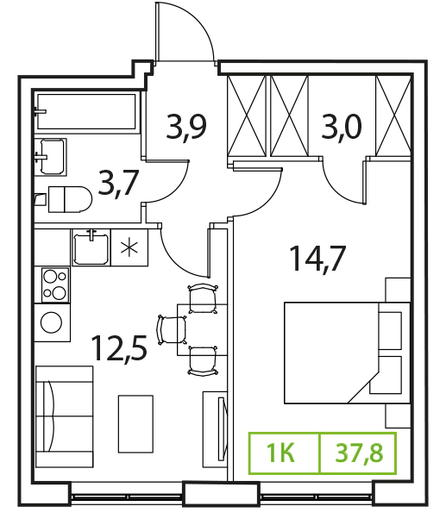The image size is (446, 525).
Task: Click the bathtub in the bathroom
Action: tap(86, 111)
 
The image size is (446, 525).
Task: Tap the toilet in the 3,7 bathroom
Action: tap(70, 199)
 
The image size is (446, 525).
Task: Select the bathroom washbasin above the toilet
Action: tap(53, 157)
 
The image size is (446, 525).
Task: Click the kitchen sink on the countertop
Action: tap(91, 248)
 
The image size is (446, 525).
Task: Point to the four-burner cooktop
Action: tap(55, 285)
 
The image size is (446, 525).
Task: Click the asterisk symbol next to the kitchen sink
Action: tap(129, 248)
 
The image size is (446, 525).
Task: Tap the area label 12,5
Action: tap(119, 348)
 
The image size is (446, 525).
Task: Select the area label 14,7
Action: tap(317, 258)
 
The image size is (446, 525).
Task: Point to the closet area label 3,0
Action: tap(342, 127)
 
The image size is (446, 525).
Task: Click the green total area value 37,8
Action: tap(359, 453)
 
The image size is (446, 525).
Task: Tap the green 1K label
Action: tap(281, 453)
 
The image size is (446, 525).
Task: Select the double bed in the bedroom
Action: tap(347, 353)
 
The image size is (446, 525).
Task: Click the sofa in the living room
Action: tap(65, 416)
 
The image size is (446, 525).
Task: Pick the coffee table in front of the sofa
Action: tap(135, 424)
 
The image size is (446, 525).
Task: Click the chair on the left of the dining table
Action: tap(172, 330)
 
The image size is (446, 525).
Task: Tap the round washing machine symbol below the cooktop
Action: tap(51, 322)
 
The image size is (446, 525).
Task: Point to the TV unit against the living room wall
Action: tap(215, 429)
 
